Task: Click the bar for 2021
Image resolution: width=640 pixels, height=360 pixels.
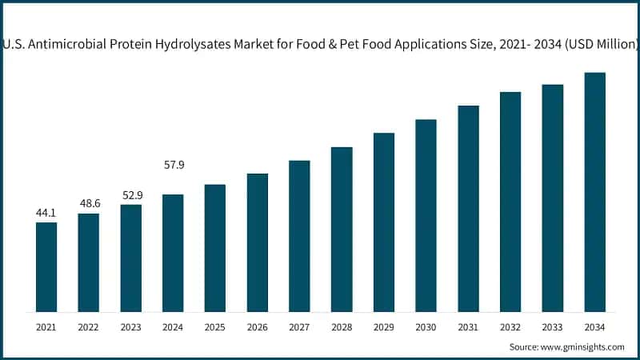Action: [46, 267]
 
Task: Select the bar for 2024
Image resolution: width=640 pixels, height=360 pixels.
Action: [173, 253]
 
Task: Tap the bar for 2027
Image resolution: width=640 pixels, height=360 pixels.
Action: [299, 236]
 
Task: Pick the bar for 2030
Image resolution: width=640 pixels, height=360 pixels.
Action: [426, 215]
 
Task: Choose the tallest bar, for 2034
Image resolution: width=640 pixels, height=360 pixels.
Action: [594, 192]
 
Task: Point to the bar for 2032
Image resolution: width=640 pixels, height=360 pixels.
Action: [510, 202]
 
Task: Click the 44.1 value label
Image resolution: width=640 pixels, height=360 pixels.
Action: [46, 213]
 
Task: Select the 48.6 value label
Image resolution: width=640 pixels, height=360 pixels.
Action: [89, 204]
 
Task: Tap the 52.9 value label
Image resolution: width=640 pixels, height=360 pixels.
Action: [131, 195]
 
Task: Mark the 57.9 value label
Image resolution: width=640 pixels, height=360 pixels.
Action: [173, 165]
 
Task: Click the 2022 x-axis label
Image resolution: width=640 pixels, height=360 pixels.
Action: [89, 327]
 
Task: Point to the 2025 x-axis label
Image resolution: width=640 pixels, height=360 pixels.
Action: [215, 327]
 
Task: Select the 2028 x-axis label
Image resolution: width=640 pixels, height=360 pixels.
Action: [342, 327]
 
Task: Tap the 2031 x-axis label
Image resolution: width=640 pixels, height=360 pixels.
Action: [468, 327]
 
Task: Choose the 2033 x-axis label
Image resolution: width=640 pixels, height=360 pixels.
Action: [552, 327]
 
